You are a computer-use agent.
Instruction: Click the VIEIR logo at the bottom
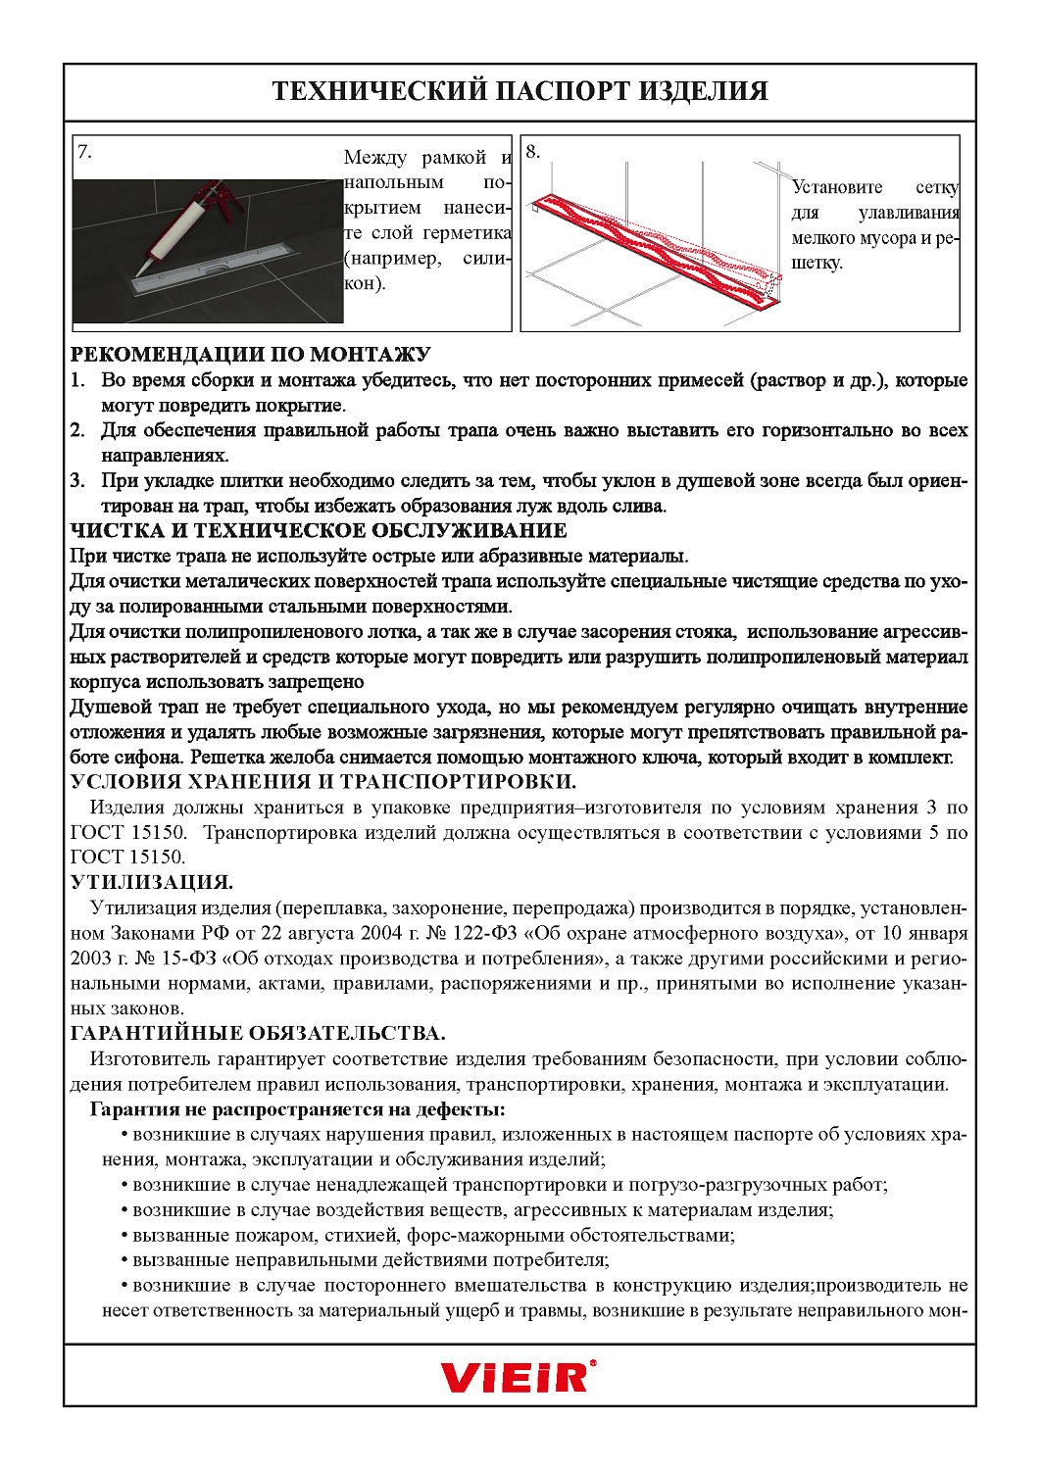pyautogui.click(x=518, y=1377)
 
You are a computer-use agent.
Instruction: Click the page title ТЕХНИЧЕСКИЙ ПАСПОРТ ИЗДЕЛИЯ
pyautogui.click(x=520, y=91)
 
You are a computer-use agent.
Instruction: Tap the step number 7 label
pyautogui.click(x=84, y=151)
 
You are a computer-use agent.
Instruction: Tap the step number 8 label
pyautogui.click(x=532, y=151)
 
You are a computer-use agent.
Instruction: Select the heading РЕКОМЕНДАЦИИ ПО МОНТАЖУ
pyautogui.click(x=250, y=355)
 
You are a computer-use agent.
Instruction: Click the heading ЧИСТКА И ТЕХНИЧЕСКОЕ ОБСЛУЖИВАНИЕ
pyautogui.click(x=319, y=531)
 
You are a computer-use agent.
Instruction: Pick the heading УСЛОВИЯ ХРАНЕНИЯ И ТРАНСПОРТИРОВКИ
pyautogui.click(x=322, y=782)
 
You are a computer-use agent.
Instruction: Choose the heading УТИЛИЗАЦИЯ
pyautogui.click(x=151, y=882)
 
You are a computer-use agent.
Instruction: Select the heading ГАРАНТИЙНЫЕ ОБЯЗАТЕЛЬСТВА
pyautogui.click(x=258, y=1033)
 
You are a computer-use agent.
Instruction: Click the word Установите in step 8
pyautogui.click(x=837, y=187)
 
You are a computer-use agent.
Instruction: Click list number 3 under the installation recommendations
pyautogui.click(x=77, y=481)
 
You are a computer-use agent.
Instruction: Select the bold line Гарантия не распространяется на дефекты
pyautogui.click(x=297, y=1109)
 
